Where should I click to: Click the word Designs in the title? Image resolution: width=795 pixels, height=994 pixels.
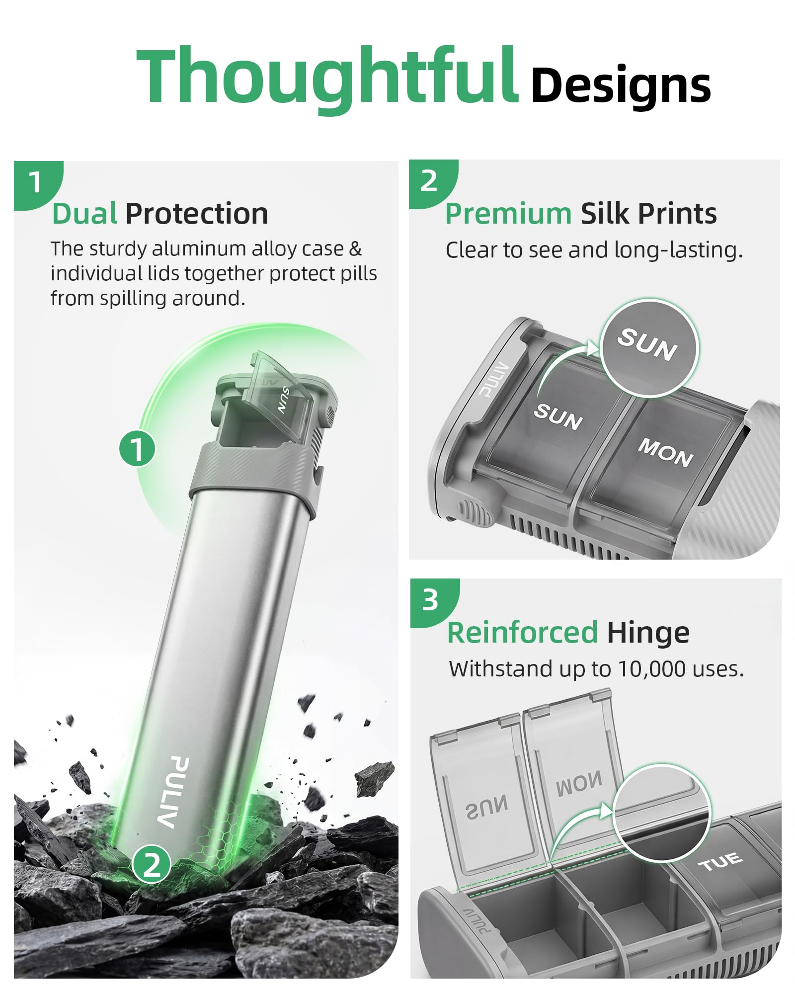(x=621, y=85)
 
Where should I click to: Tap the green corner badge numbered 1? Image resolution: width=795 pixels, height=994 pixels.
(x=37, y=184)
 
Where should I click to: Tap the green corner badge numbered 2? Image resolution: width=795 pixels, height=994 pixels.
(x=432, y=182)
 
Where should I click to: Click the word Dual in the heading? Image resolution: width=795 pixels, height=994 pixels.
(x=85, y=214)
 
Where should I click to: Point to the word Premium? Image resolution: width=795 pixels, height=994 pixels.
(x=508, y=214)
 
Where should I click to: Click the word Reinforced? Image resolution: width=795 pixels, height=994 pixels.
(x=522, y=633)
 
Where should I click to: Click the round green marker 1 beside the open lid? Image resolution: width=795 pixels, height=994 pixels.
(x=137, y=449)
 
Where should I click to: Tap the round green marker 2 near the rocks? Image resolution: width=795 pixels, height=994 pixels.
(x=152, y=865)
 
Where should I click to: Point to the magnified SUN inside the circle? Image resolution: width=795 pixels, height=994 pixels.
(x=647, y=344)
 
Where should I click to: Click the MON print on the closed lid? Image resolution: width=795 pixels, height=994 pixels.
(x=665, y=452)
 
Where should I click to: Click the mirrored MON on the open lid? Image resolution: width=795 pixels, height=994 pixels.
(x=578, y=785)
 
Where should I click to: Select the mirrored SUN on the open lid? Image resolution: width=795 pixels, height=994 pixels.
(x=486, y=807)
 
